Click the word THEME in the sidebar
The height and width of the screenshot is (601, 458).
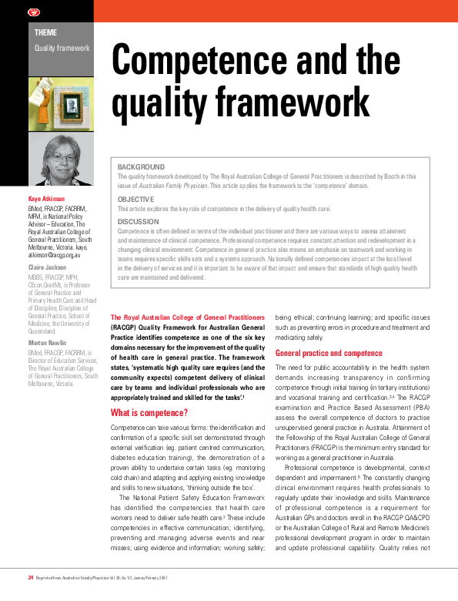[x=45, y=32]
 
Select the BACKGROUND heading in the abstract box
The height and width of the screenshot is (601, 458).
[x=141, y=166]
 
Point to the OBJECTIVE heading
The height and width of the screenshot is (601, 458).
[x=135, y=199]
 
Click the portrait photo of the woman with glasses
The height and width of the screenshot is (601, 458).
[x=61, y=160]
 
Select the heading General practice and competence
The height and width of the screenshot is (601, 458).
[x=329, y=353]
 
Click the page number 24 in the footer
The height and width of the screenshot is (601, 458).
[x=30, y=577]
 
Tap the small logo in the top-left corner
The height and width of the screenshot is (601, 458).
[x=11, y=10]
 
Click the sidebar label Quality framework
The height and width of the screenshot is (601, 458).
[x=62, y=48]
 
